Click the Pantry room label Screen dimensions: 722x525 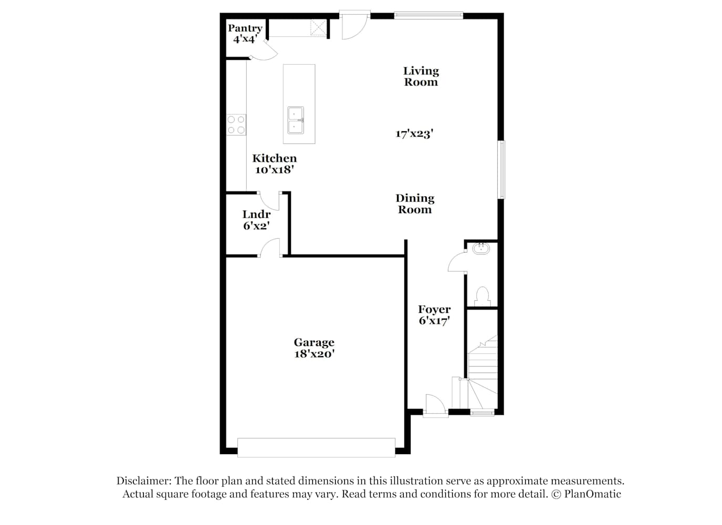(245, 28)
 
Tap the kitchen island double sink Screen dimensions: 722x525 (296, 120)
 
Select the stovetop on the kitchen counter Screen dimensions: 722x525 (236, 124)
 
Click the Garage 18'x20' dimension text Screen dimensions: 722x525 (314, 354)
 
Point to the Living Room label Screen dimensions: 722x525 (421, 76)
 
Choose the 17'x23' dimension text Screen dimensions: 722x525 (414, 134)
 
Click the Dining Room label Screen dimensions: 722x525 (415, 204)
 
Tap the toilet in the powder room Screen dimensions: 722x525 (483, 297)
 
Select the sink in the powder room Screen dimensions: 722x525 (481, 248)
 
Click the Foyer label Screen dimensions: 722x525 (434, 309)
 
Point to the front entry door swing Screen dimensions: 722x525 (435, 403)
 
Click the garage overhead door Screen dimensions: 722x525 (316, 447)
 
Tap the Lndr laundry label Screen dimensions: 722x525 (257, 214)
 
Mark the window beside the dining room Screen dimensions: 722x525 (501, 170)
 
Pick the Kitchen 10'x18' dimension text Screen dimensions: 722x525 (275, 170)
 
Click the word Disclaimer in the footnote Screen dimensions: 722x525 (144, 481)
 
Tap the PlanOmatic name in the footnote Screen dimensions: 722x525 (592, 494)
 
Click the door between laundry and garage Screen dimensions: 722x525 (269, 247)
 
